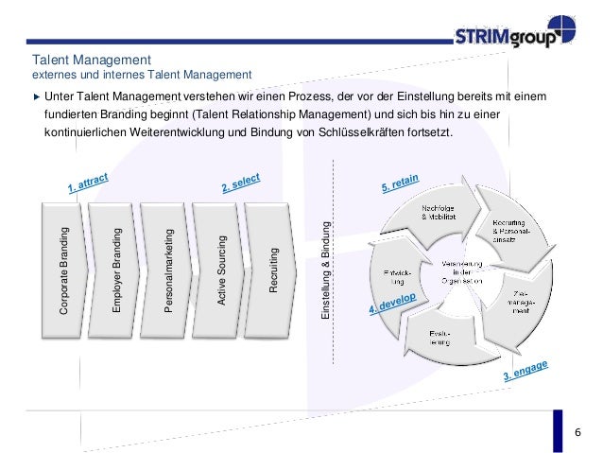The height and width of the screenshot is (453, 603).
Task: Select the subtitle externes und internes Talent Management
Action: point(141,74)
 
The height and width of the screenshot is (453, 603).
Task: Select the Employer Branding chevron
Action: point(116,269)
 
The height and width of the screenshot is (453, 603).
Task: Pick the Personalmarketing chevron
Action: point(169,269)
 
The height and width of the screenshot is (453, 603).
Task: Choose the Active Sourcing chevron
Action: point(220,269)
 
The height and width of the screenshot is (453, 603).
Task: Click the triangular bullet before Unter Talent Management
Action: point(37,96)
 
